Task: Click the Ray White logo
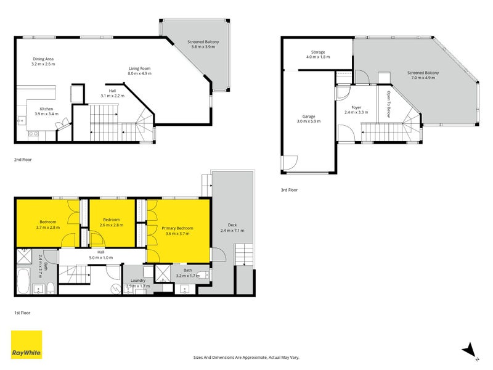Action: pyautogui.click(x=26, y=345)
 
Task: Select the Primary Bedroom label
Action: pyautogui.click(x=177, y=228)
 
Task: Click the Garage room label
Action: pyautogui.click(x=309, y=117)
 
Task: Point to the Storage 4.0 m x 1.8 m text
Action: pyautogui.click(x=318, y=54)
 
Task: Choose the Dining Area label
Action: pyautogui.click(x=43, y=59)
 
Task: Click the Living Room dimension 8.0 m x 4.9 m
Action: pyautogui.click(x=140, y=73)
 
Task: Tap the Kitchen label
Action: pyautogui.click(x=46, y=109)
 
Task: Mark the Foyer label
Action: pyautogui.click(x=356, y=107)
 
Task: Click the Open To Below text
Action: pyautogui.click(x=388, y=104)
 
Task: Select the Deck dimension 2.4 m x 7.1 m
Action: pyautogui.click(x=232, y=230)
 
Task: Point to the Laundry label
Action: pyautogui.click(x=137, y=281)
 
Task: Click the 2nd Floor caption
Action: pyautogui.click(x=23, y=160)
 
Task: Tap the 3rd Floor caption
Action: pyautogui.click(x=289, y=190)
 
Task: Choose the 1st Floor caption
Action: pyautogui.click(x=22, y=313)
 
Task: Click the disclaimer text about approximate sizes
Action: pyautogui.click(x=246, y=358)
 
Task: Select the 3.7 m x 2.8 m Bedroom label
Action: pyautogui.click(x=48, y=224)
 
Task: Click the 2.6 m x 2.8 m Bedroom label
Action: pyautogui.click(x=112, y=222)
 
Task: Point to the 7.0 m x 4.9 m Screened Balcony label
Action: pyautogui.click(x=423, y=75)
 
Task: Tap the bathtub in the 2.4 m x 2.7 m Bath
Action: pyautogui.click(x=23, y=281)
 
